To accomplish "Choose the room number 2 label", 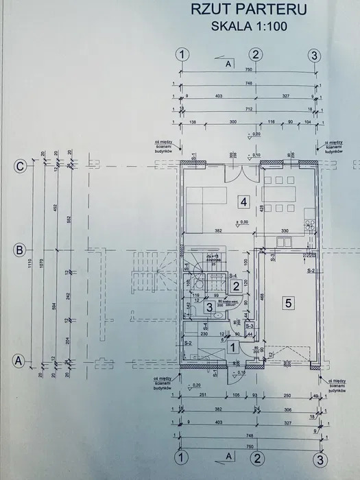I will (235, 286).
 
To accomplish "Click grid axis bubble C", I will (21, 166).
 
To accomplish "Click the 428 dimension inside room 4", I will (261, 208).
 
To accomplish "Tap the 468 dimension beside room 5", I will (262, 298).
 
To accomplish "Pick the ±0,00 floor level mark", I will (241, 222).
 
